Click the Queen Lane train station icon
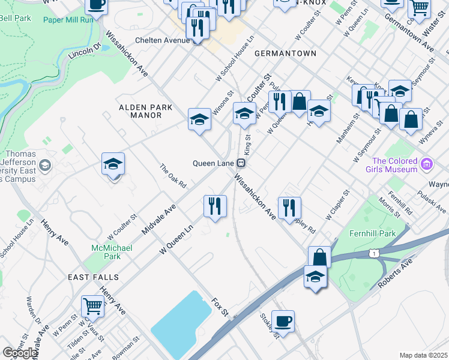(241, 163)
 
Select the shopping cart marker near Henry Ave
(93, 307)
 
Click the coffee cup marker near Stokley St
(283, 320)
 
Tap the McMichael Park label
(106, 252)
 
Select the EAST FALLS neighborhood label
(93, 277)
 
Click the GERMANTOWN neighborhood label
(285, 53)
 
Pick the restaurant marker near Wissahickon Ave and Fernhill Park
(289, 208)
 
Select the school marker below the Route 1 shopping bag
(315, 277)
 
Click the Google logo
(20, 353)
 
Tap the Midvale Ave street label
(158, 220)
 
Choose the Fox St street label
(220, 307)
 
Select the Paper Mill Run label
(68, 19)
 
